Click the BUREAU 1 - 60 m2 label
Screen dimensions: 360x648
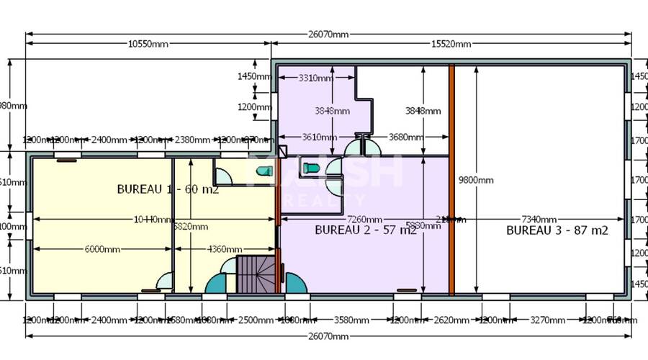coord(168,189)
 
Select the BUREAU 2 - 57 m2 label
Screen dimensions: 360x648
coord(366,230)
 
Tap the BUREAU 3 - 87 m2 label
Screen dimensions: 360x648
coord(557,230)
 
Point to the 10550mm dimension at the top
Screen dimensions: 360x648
coord(148,44)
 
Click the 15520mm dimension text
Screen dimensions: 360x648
coord(451,44)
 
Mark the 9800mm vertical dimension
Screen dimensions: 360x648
coord(476,180)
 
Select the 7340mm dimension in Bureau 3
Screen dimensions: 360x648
coord(539,219)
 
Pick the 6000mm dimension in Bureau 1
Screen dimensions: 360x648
coord(102,249)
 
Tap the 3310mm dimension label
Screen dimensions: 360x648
coord(315,78)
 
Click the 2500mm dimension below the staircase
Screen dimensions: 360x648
coord(256,320)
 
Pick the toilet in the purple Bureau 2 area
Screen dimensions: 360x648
coord(312,168)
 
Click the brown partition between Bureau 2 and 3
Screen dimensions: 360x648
coord(451,180)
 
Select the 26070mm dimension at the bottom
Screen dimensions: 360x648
coord(329,336)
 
